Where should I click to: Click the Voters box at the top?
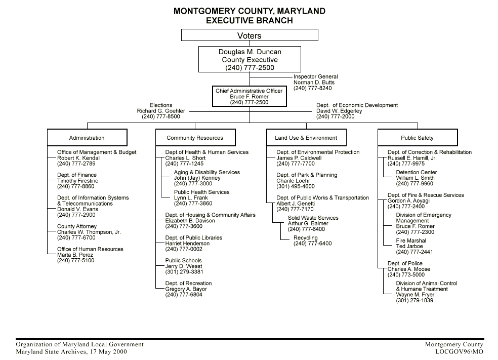[x=250, y=35]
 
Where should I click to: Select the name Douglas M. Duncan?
[x=250, y=52]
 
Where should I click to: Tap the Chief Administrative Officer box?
[x=250, y=96]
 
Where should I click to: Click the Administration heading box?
[x=87, y=138]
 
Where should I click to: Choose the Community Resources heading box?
[x=195, y=138]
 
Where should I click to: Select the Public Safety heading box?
[x=418, y=138]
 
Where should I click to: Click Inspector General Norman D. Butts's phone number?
[x=313, y=88]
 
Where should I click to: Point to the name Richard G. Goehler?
[x=161, y=111]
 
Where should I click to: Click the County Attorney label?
[x=77, y=226]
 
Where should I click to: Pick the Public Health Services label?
[x=201, y=192]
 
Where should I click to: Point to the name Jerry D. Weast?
[x=184, y=266]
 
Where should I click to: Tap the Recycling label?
[x=306, y=238]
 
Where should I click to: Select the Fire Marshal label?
[x=411, y=241]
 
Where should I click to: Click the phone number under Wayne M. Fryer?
[x=414, y=300]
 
